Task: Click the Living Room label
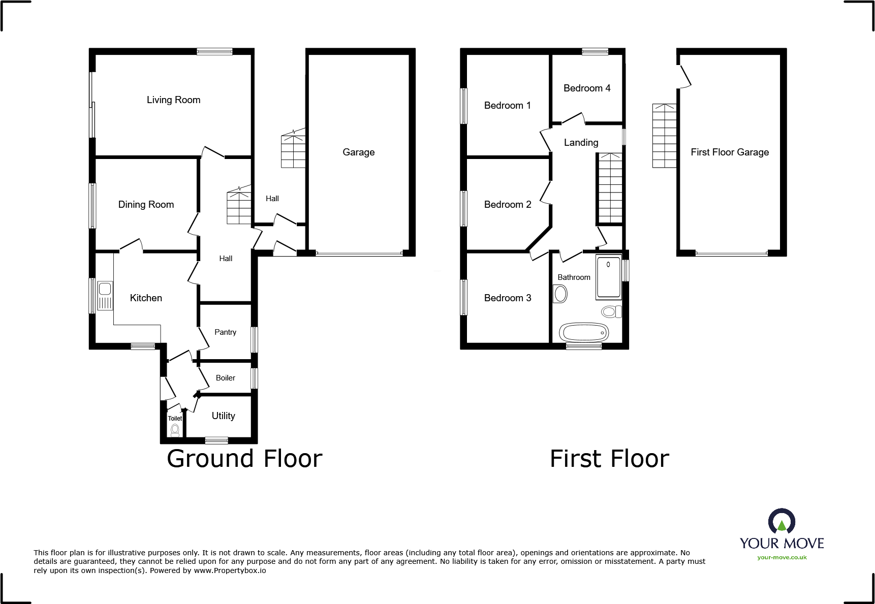(x=173, y=100)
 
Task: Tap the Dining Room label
(x=146, y=204)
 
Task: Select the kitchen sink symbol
(x=105, y=296)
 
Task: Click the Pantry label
(x=225, y=332)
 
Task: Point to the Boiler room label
(x=225, y=378)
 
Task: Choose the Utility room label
(x=223, y=416)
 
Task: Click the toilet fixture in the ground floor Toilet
(x=175, y=430)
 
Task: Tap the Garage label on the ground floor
(x=358, y=152)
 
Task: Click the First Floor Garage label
(x=730, y=152)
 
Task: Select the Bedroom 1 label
(x=507, y=106)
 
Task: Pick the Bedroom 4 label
(x=587, y=88)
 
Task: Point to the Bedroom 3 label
(x=507, y=298)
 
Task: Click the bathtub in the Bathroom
(x=584, y=332)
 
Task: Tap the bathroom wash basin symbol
(x=560, y=294)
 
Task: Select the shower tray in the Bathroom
(x=609, y=278)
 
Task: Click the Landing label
(x=581, y=143)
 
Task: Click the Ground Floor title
(x=244, y=459)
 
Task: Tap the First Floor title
(x=609, y=459)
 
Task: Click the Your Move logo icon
(x=782, y=521)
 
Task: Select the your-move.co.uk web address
(x=782, y=557)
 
